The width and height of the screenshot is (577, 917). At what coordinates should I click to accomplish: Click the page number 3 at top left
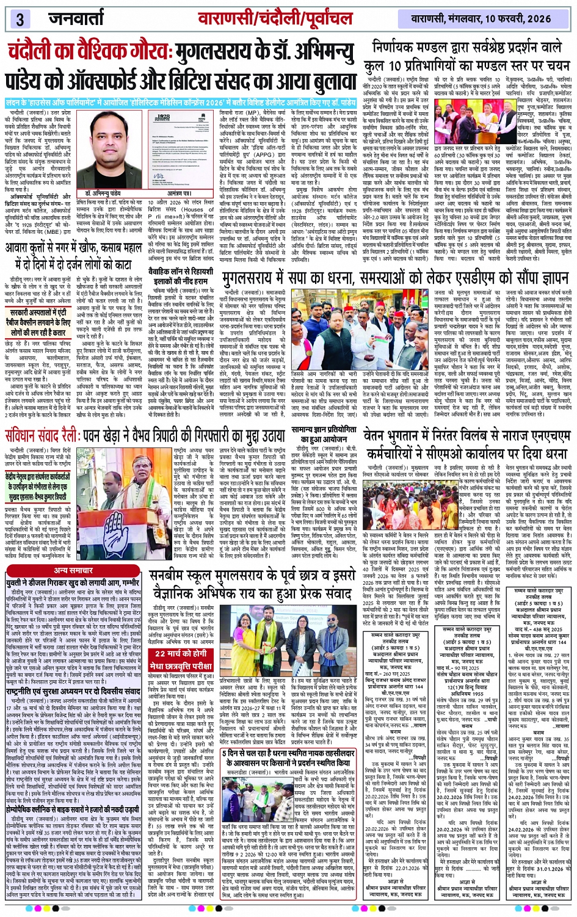(20, 18)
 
